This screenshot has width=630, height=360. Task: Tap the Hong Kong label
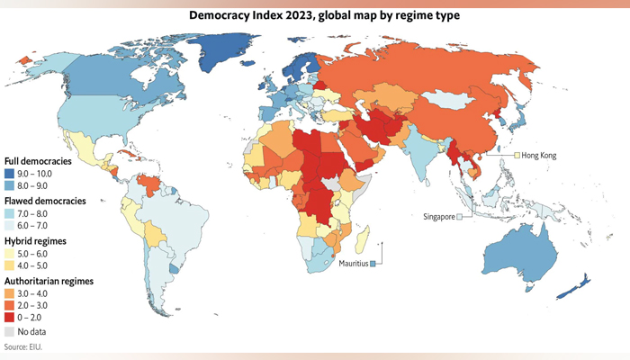[x=538, y=156]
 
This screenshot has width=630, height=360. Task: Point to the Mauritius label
[x=356, y=263]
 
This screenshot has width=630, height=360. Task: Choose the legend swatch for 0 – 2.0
[x=11, y=318]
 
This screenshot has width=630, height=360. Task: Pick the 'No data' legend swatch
[x=11, y=331]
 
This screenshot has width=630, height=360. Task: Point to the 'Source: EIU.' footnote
[x=23, y=346]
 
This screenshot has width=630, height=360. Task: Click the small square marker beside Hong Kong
[x=517, y=156]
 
